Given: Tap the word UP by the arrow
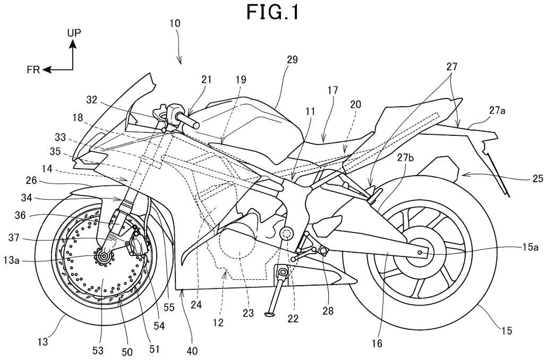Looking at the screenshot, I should tap(74, 33).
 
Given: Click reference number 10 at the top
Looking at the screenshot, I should tap(175, 23).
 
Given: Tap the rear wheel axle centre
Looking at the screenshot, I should tap(421, 252).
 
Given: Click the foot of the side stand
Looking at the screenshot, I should tap(268, 315).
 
